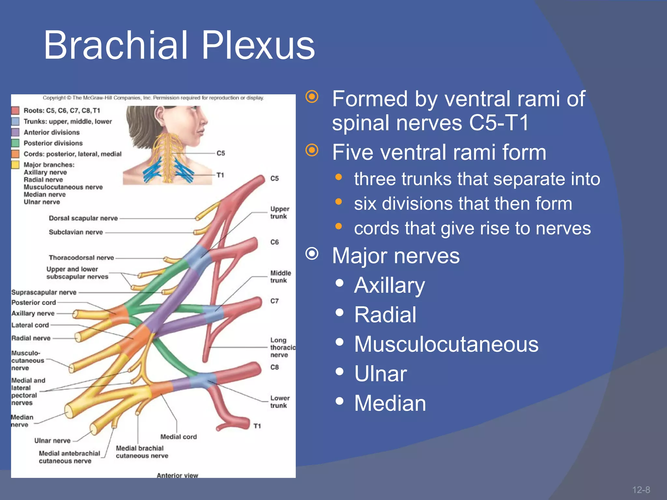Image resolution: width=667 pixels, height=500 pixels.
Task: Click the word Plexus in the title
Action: [x=258, y=46]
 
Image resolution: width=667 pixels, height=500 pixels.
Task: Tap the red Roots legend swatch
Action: [x=15, y=110]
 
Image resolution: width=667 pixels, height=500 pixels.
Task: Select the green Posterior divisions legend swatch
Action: [x=15, y=143]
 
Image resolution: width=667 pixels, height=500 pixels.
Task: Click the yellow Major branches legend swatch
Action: [x=15, y=165]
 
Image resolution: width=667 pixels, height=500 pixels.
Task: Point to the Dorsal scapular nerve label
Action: [x=83, y=218]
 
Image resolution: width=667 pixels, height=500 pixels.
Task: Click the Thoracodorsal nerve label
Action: [x=81, y=257]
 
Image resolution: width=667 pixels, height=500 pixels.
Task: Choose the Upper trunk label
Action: [x=279, y=213]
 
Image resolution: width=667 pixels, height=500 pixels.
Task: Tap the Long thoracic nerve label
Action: [x=282, y=347]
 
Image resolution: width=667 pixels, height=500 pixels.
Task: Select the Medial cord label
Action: [x=178, y=437]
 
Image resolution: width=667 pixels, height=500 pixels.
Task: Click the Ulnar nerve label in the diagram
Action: [x=52, y=440]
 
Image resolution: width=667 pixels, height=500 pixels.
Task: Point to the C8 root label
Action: [x=275, y=367]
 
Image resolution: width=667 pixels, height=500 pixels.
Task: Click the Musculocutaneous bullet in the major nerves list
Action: [x=446, y=344]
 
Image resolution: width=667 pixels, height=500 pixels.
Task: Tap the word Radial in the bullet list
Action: [x=385, y=315]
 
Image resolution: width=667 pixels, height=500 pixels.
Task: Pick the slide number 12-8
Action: [x=641, y=490]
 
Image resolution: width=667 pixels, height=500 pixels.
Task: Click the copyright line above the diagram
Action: [x=153, y=98]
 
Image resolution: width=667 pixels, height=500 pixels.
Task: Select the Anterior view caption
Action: [x=177, y=475]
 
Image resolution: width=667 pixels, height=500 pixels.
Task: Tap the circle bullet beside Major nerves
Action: [x=312, y=254]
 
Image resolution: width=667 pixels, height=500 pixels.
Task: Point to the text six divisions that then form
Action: [x=463, y=203]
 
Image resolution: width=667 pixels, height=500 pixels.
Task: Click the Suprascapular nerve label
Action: [x=44, y=292]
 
